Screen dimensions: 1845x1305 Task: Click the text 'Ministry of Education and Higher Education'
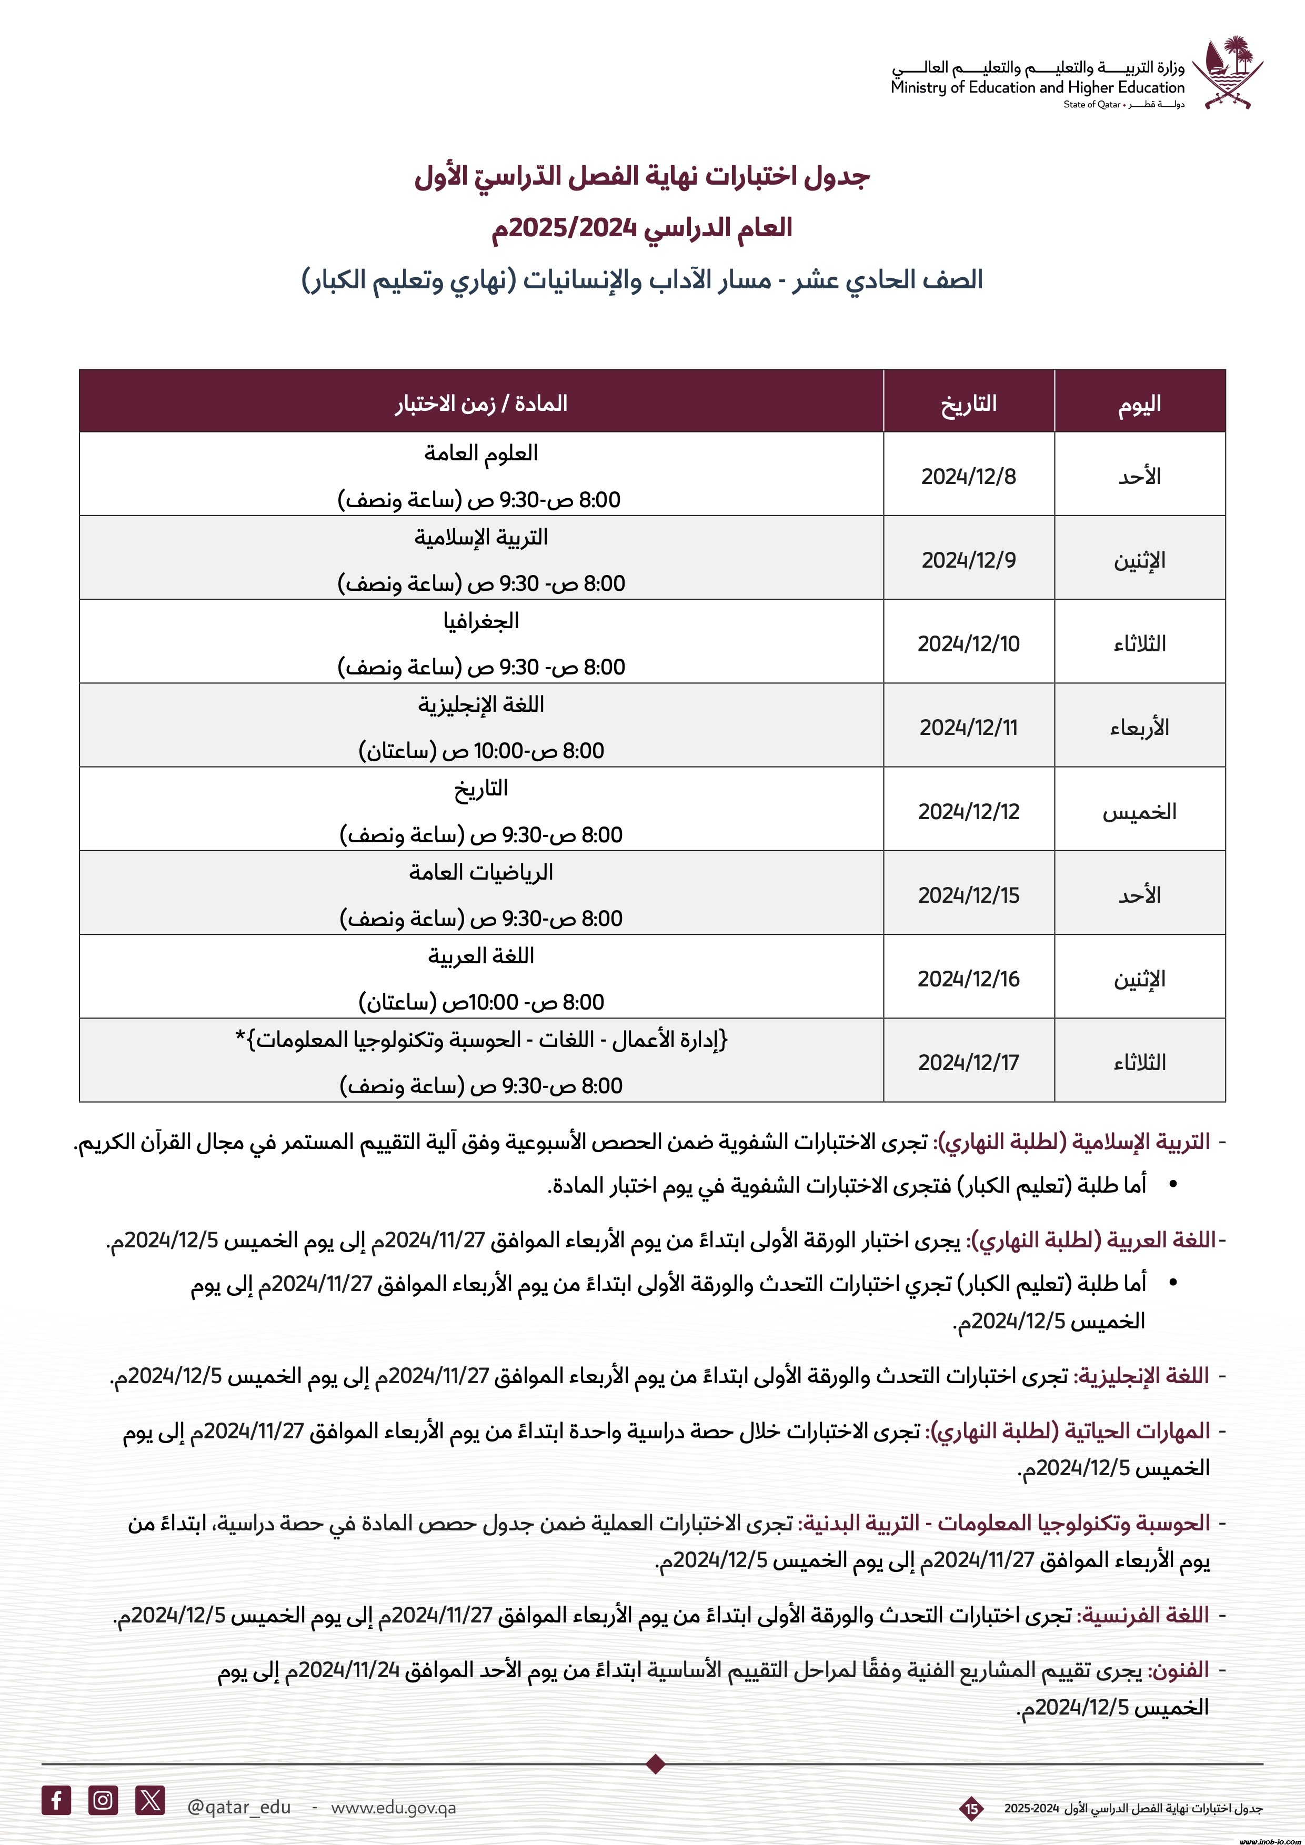point(1037,87)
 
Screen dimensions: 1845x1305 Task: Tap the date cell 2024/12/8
point(968,477)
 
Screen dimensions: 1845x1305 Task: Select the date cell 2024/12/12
point(968,812)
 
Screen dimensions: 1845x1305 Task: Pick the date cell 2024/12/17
point(968,1062)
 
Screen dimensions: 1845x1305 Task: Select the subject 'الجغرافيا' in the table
point(480,621)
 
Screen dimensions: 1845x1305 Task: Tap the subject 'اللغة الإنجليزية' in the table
point(480,705)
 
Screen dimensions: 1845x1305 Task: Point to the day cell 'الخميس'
point(1139,812)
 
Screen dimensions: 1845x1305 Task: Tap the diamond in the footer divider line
point(656,1765)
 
